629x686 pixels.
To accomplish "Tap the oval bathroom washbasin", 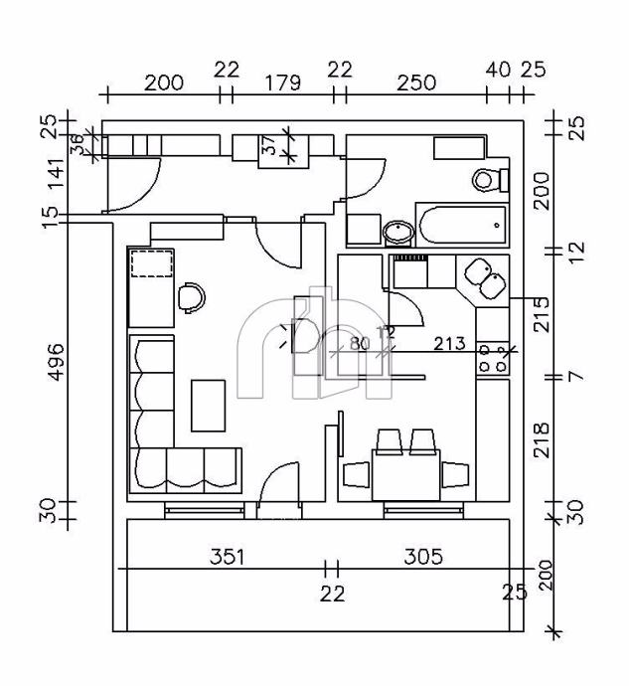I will [399, 232].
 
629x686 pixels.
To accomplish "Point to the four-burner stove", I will [492, 358].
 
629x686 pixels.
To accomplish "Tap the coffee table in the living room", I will [209, 405].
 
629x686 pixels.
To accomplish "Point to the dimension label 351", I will [227, 556].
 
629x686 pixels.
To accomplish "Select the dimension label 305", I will [423, 556].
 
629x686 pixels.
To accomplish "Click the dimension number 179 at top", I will [283, 83].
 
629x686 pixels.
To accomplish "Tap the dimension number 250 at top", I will [415, 83].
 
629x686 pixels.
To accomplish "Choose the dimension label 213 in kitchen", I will [450, 344].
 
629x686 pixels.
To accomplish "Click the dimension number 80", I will [359, 344].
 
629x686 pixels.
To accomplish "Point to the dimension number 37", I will [269, 145].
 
